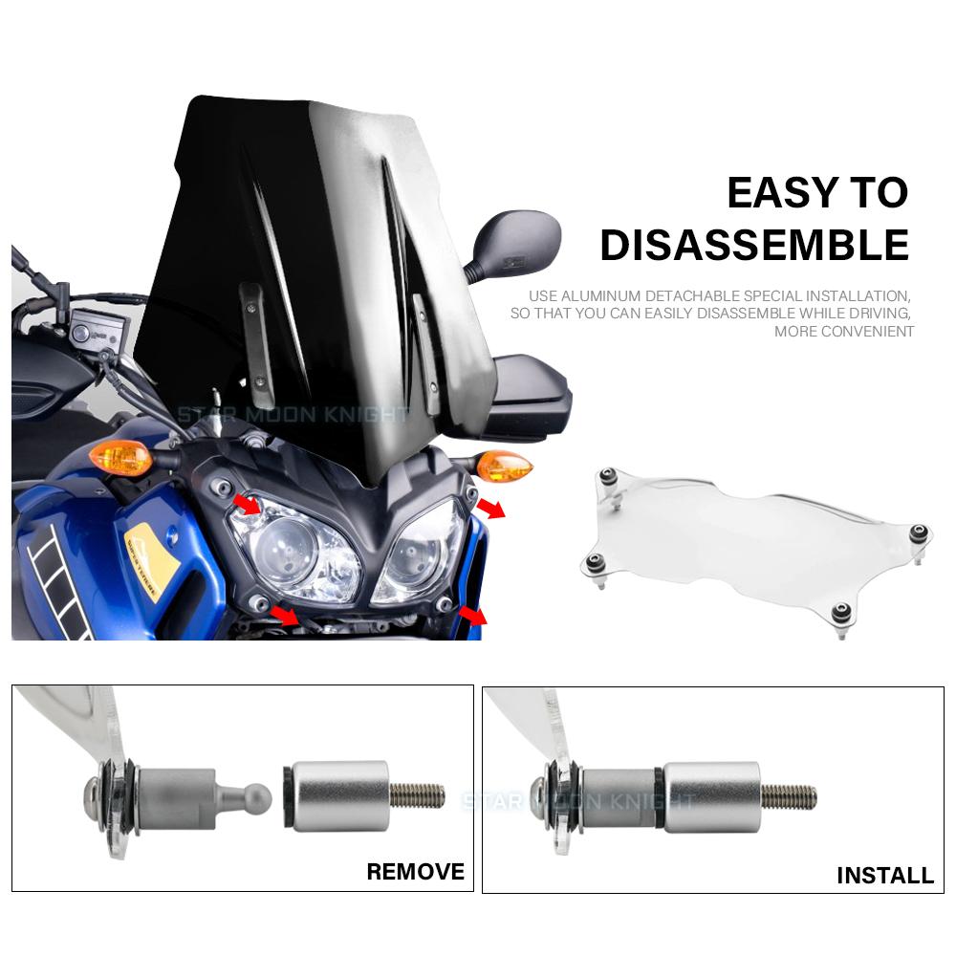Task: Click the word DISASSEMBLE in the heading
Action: (753, 245)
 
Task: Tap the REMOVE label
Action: (415, 871)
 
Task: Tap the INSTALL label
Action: (884, 875)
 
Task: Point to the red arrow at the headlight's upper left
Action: (247, 505)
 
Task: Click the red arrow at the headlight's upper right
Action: (491, 508)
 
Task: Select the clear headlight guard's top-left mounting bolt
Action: (606, 475)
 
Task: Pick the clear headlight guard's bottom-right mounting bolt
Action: (841, 612)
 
